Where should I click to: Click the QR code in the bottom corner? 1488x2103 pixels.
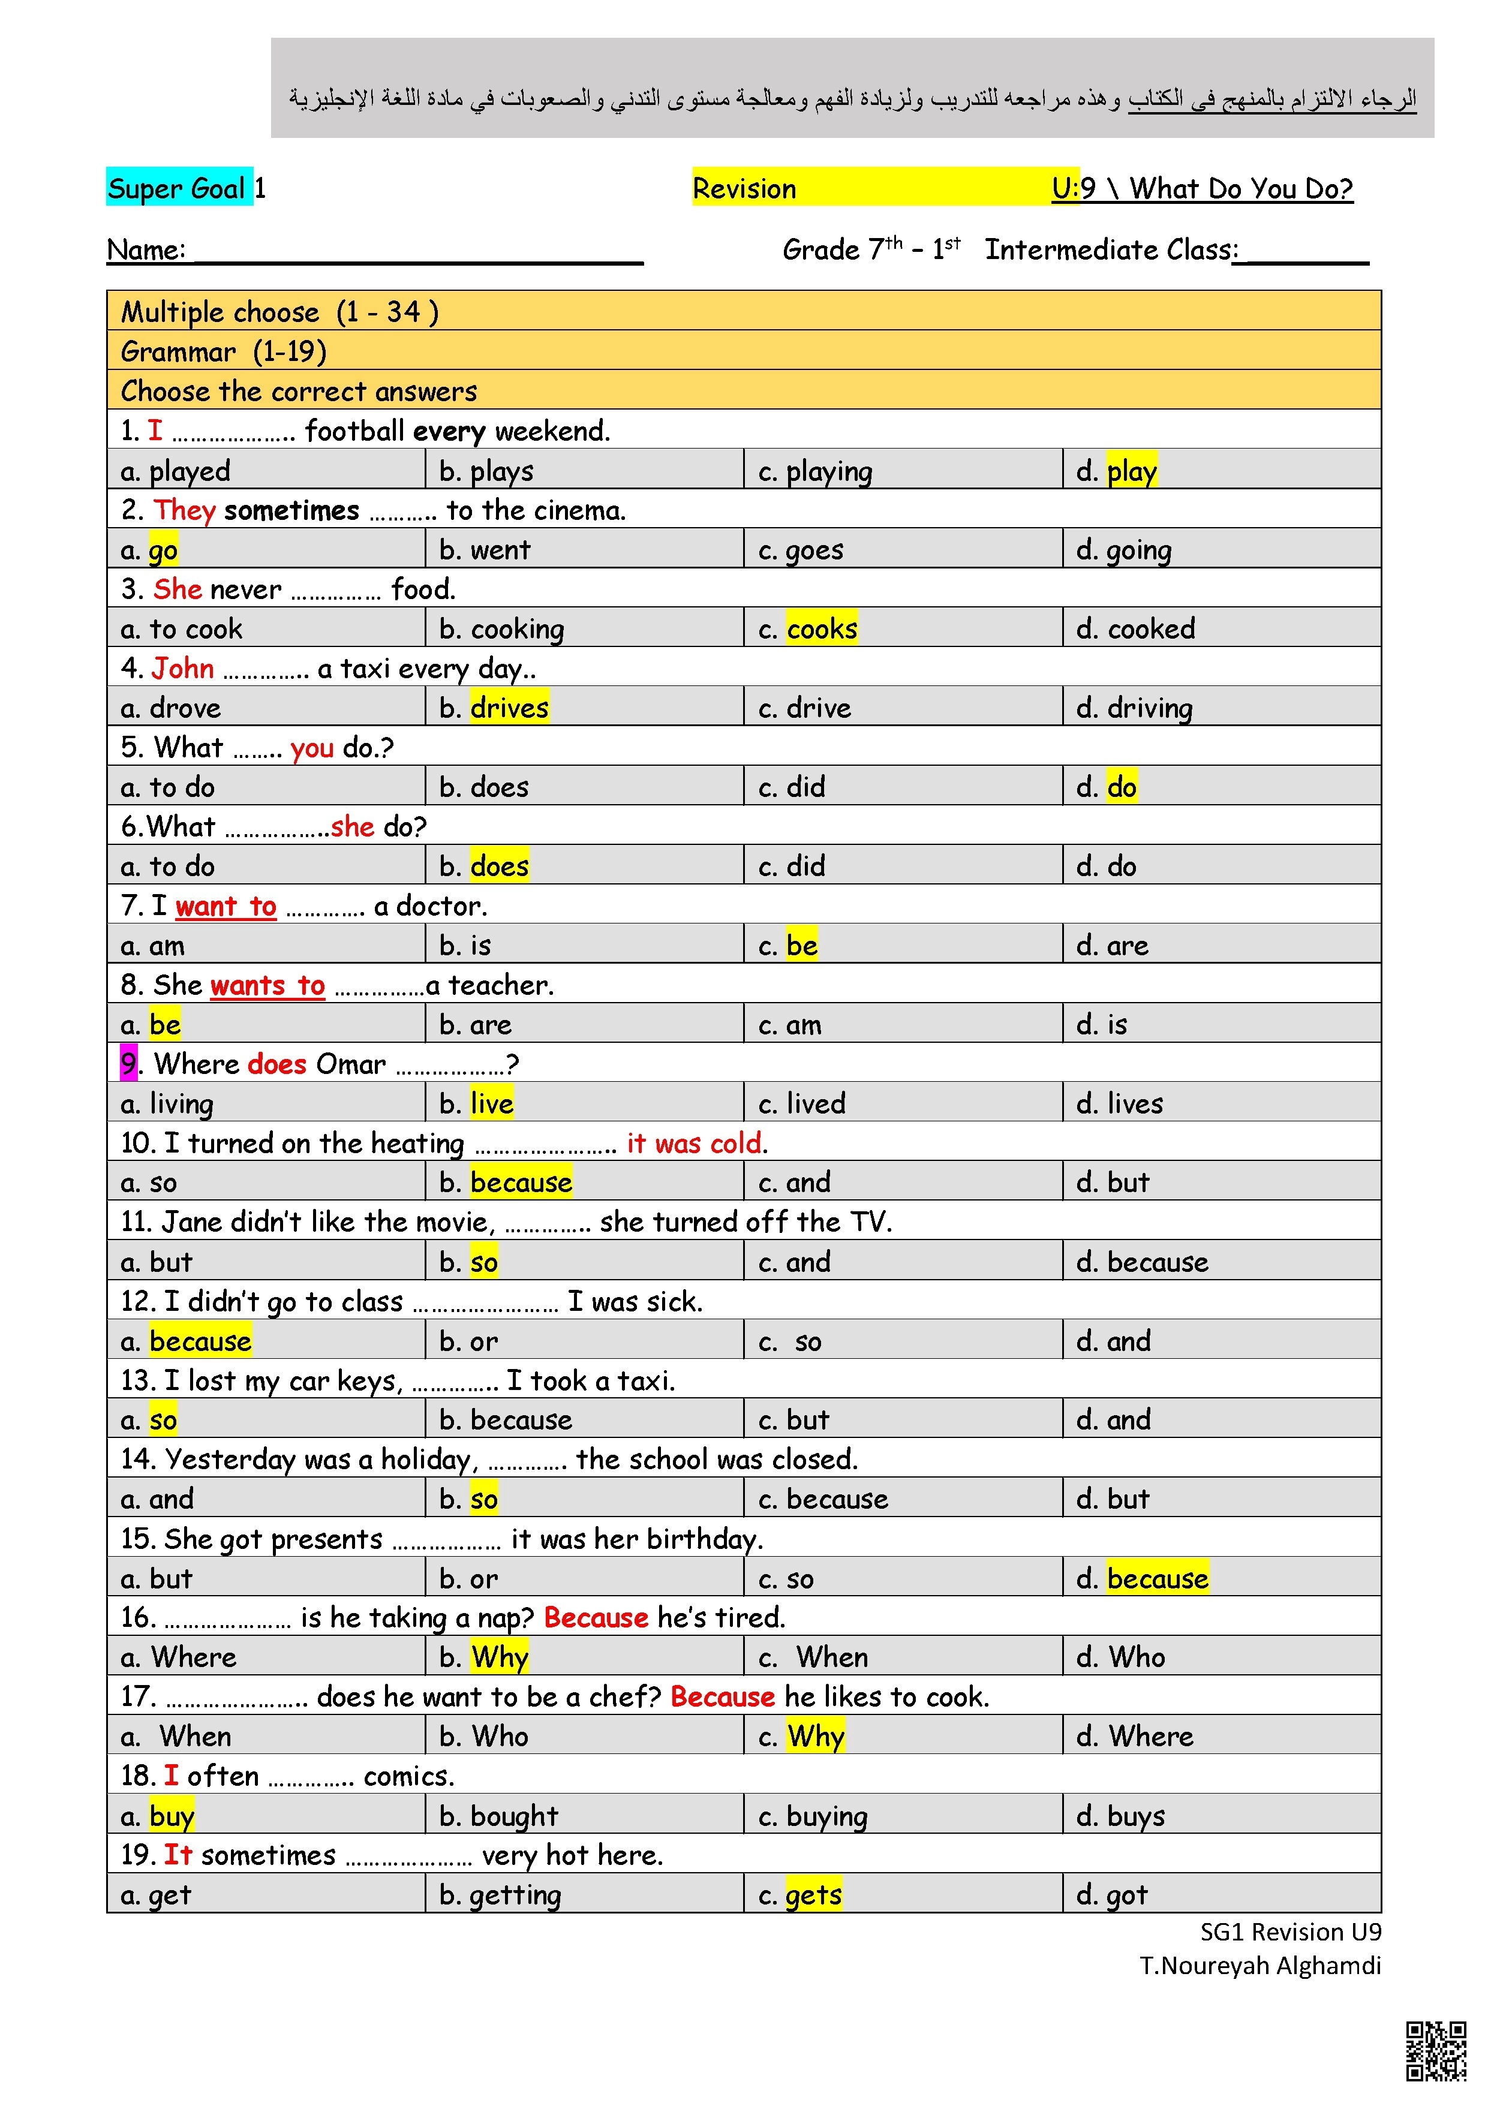(1436, 2051)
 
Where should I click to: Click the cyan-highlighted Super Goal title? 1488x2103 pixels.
(179, 188)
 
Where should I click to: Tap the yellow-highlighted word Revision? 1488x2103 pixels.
(744, 189)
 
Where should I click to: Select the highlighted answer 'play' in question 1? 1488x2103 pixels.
(1132, 471)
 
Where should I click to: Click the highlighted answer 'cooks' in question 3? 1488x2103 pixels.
(821, 628)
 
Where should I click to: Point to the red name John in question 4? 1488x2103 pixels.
(182, 668)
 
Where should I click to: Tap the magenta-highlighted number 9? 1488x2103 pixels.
(128, 1063)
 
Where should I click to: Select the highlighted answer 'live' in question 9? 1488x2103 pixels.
(491, 1103)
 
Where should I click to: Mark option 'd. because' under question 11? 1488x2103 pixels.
(1142, 1262)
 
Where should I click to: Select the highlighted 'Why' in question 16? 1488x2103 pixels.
(500, 1657)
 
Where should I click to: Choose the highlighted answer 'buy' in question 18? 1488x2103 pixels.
(172, 1815)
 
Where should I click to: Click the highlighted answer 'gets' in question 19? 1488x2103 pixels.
(814, 1894)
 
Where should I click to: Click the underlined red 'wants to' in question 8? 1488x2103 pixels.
(267, 985)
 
